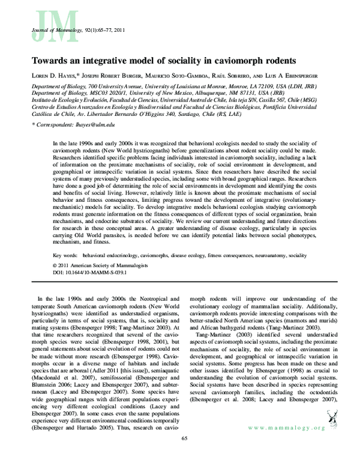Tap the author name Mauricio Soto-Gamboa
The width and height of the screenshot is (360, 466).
tap(156, 76)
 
